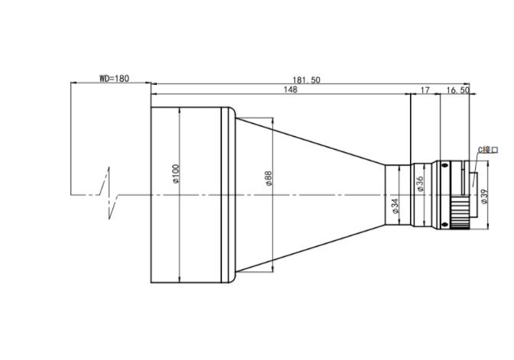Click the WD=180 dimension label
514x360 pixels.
pos(114,78)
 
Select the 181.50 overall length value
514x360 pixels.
pos(306,80)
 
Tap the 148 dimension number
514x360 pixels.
pos(291,89)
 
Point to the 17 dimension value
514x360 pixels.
pos(425,90)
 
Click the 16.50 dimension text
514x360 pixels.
pos(457,90)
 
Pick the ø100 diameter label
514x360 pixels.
pos(176,174)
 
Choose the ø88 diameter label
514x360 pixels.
pos(268,179)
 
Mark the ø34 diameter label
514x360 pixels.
pos(395,206)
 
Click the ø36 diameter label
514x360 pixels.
pos(420,184)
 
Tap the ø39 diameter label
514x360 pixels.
pos(484,196)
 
